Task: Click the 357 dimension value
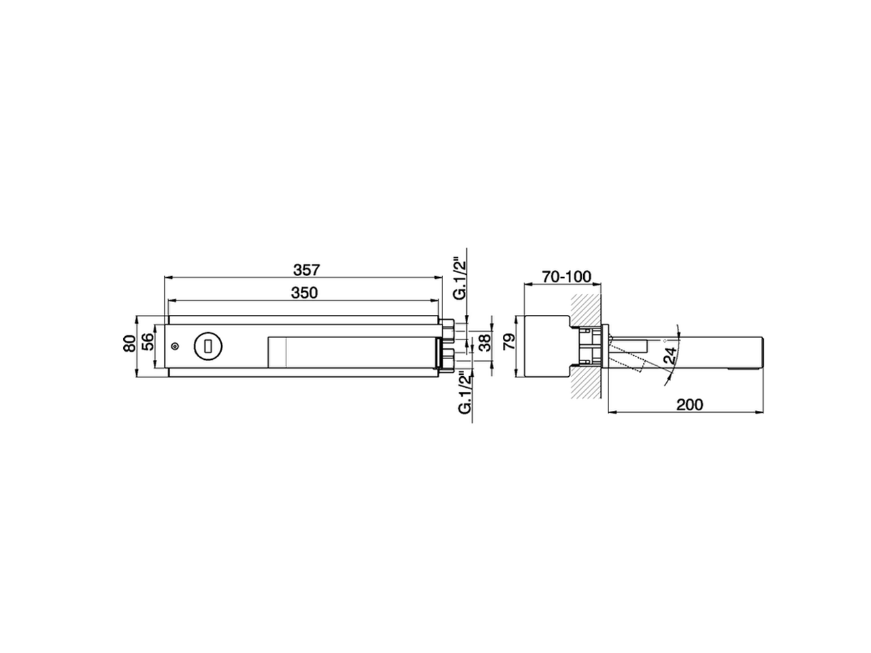[306, 269]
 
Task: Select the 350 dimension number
[305, 292]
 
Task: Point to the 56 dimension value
[147, 346]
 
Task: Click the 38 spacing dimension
[484, 342]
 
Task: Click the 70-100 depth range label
[566, 276]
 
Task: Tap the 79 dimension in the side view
[506, 342]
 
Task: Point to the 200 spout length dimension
[689, 405]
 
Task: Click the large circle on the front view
[207, 346]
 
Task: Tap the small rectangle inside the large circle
[207, 346]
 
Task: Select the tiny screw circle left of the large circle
[176, 347]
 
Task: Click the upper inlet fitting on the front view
[447, 331]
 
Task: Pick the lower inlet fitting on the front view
[447, 358]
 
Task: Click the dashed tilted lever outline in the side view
[627, 360]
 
